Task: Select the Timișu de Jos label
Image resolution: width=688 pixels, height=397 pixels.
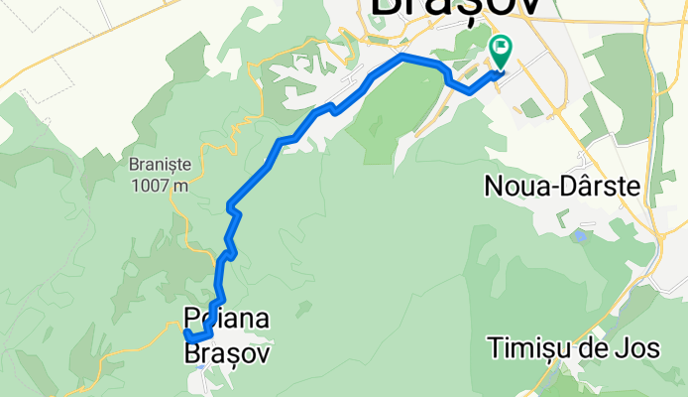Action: [568, 348]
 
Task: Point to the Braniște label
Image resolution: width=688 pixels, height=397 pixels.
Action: [159, 166]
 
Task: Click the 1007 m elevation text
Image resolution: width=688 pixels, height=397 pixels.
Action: [159, 185]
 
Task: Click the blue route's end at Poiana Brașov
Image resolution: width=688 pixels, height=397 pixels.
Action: [186, 334]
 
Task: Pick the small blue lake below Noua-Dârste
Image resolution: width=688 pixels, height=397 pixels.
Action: [579, 236]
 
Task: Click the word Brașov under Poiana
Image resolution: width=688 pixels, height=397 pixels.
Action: [227, 352]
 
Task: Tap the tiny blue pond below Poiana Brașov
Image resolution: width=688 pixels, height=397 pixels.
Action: [201, 368]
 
